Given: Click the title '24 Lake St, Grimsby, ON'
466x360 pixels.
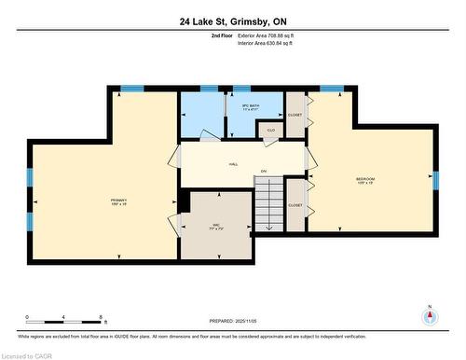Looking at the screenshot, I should coord(232,21).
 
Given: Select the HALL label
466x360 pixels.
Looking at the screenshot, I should coord(233,164).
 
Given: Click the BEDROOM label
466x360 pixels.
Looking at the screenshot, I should coord(365,179).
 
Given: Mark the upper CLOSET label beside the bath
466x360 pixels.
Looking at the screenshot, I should coord(295,114).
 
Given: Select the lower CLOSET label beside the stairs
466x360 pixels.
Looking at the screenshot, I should coord(295,205).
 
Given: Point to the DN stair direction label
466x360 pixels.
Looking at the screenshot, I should coord(264,172).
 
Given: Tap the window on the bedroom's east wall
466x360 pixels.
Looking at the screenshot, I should coord(434,179).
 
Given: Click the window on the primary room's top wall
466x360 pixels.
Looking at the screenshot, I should coord(132,89).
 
